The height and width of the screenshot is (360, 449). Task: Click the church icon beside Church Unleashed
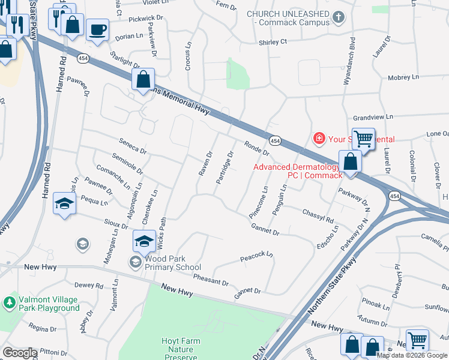[x=339, y=17]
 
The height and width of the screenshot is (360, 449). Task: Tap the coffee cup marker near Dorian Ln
[x=97, y=29]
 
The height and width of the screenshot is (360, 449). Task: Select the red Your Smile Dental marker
[x=319, y=139]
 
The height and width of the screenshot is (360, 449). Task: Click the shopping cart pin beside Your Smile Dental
[x=363, y=139]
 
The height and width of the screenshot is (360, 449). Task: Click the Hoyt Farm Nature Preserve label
[x=181, y=349]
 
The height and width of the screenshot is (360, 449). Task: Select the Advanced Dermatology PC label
[x=297, y=171]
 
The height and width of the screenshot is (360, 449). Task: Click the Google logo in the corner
[x=19, y=353]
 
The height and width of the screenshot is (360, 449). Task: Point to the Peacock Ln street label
[x=256, y=256]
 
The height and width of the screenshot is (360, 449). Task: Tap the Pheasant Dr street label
[x=211, y=279]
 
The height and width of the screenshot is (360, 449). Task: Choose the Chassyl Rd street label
[x=318, y=215]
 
